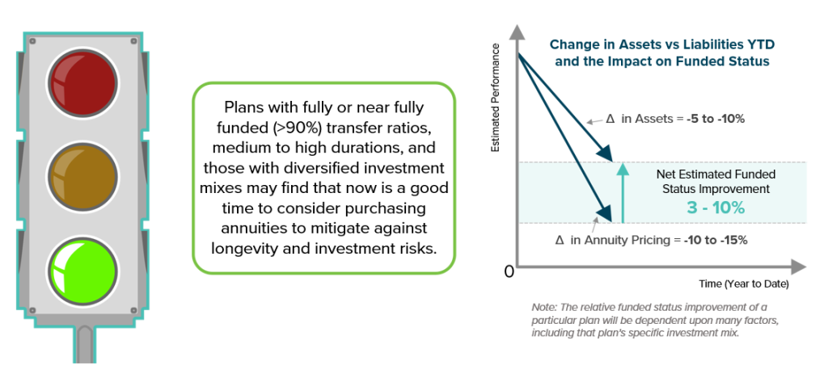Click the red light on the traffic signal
[84, 81]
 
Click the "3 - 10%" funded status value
[711, 207]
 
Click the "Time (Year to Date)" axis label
[743, 285]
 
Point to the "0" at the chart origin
[509, 272]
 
